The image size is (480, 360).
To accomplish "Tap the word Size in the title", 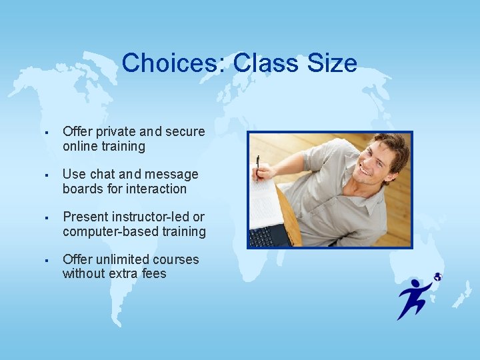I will click(332, 63).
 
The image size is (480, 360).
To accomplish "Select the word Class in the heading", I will click(262, 63).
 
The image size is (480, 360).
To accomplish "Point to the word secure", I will click(185, 132).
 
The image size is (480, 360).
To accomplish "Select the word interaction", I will click(155, 189).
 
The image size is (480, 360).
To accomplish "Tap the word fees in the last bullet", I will click(153, 274).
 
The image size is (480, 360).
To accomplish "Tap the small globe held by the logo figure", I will click(437, 277).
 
